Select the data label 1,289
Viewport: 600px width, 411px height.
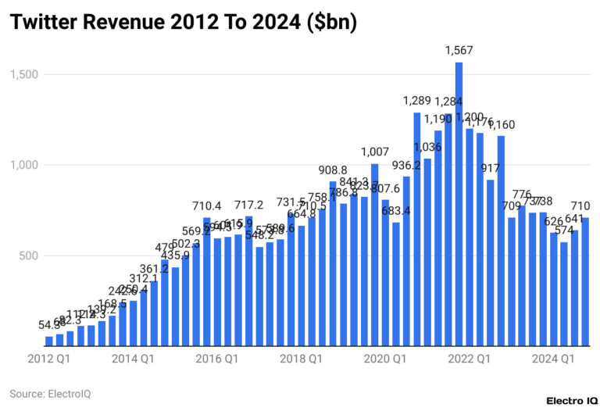pos(416,101)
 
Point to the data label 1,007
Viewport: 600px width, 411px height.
pos(374,152)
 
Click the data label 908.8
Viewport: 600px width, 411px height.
pos(332,170)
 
